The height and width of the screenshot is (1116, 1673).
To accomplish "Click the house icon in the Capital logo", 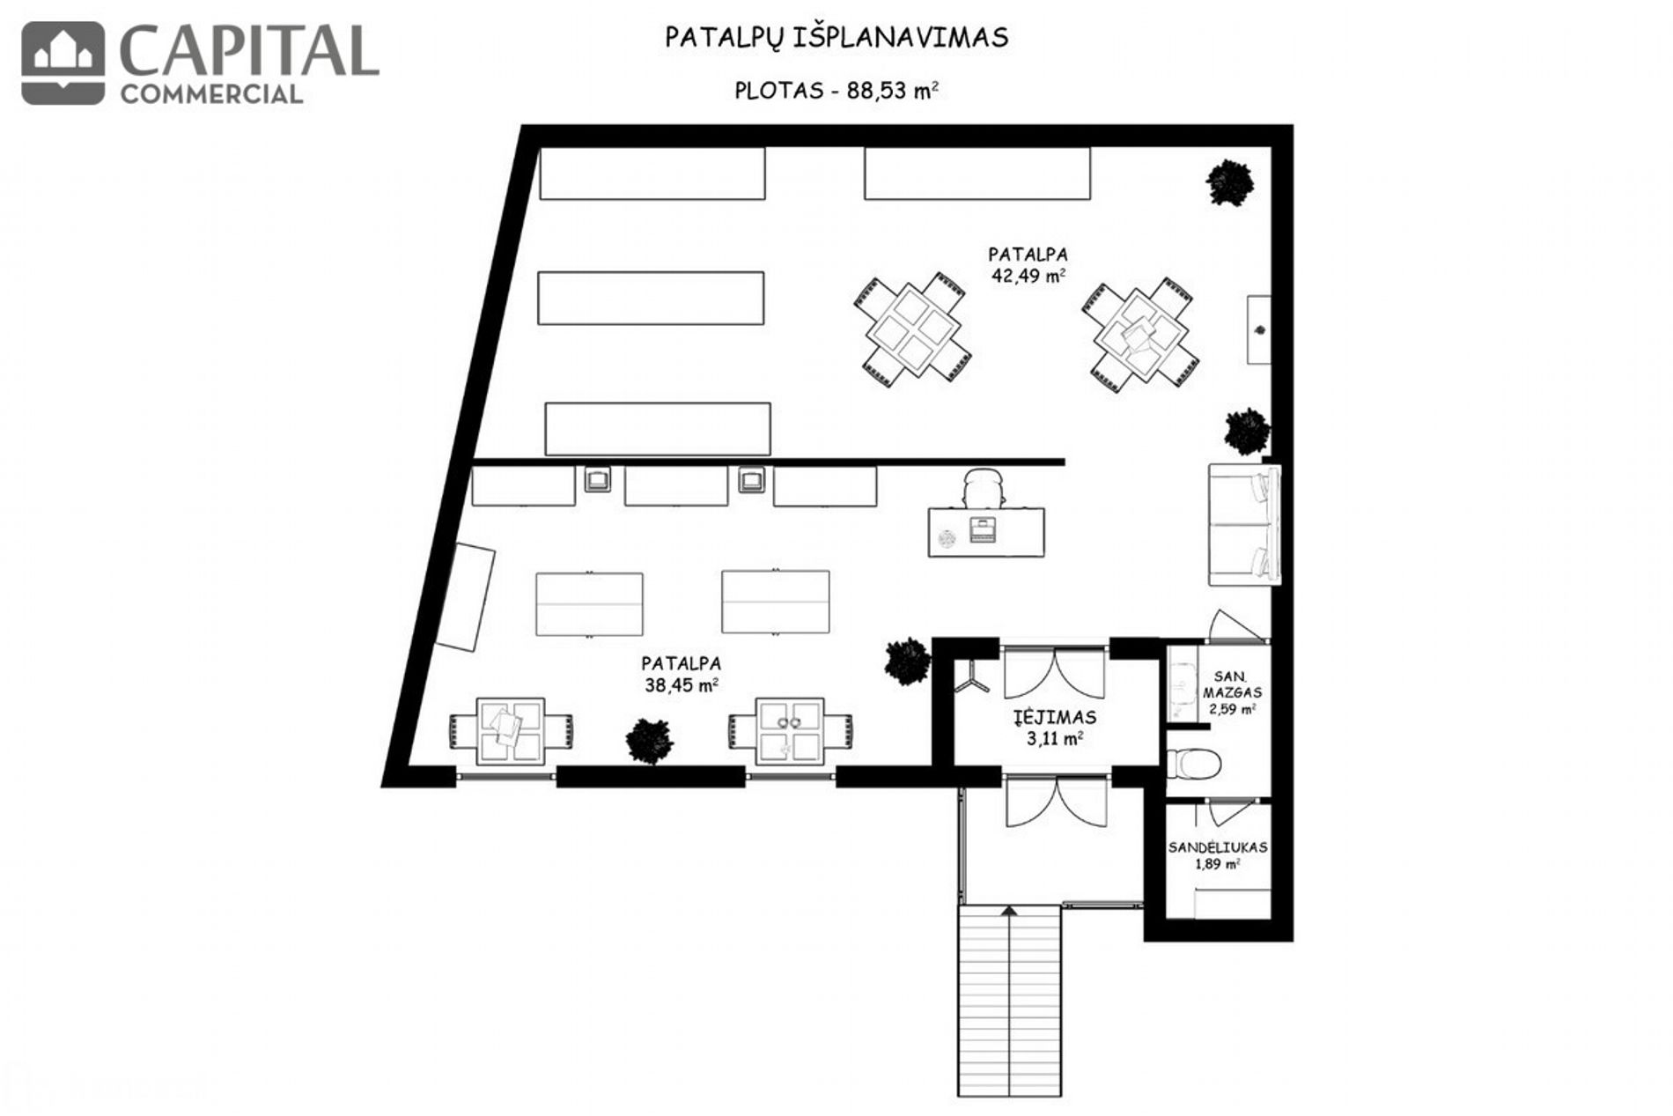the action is (63, 63).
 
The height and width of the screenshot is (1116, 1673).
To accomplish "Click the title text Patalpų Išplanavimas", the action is (836, 38).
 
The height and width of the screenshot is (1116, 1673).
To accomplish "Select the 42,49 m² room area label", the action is (1028, 275).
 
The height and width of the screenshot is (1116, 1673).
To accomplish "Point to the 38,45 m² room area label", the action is (681, 684).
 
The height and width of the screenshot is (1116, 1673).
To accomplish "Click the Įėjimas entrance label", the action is (1054, 716).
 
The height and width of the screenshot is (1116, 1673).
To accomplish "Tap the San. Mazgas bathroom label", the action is (1232, 684).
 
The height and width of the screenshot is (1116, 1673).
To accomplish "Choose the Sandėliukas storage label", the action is (1218, 847).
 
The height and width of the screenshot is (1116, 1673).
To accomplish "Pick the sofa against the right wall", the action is (1243, 523).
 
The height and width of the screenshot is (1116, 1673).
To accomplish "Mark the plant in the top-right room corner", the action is (1229, 182).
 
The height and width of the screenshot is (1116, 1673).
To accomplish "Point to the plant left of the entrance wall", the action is (907, 661).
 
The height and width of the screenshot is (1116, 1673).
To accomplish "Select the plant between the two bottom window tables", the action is (650, 741).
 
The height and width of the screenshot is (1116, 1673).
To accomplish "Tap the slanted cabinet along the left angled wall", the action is (465, 596).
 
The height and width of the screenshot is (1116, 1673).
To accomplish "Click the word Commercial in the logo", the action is (211, 93).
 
